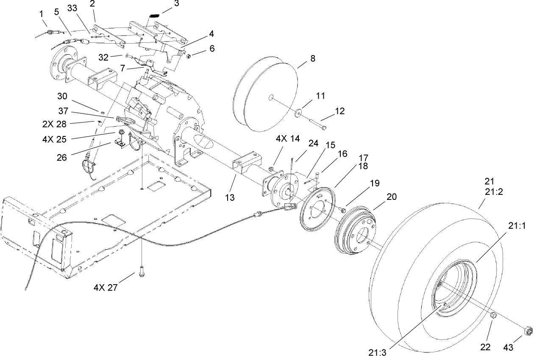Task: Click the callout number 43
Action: coord(508,347)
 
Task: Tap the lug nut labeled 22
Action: coord(493,316)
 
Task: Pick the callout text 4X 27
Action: coord(105,288)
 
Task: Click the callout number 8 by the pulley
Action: coord(312,58)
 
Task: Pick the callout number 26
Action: coord(62,158)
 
